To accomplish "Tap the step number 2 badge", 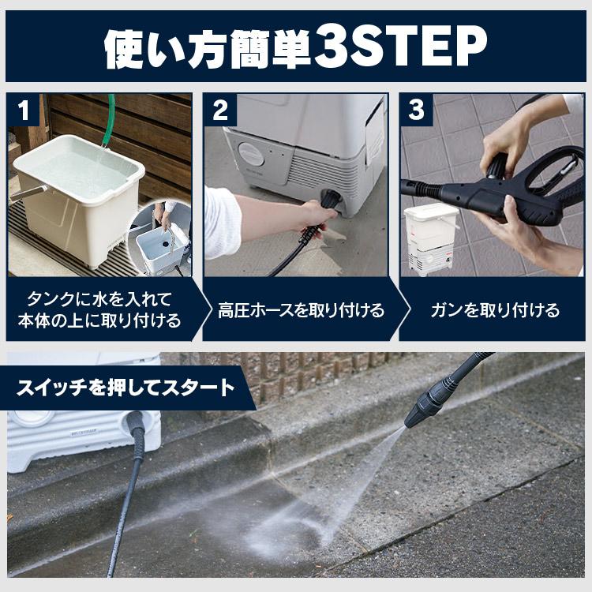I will tap(219, 111).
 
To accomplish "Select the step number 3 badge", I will tap(416, 111).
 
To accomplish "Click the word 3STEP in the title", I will tap(399, 48).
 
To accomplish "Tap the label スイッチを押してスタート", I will tap(126, 388).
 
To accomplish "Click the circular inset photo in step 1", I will tap(160, 238).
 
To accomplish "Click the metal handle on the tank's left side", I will tap(27, 193).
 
